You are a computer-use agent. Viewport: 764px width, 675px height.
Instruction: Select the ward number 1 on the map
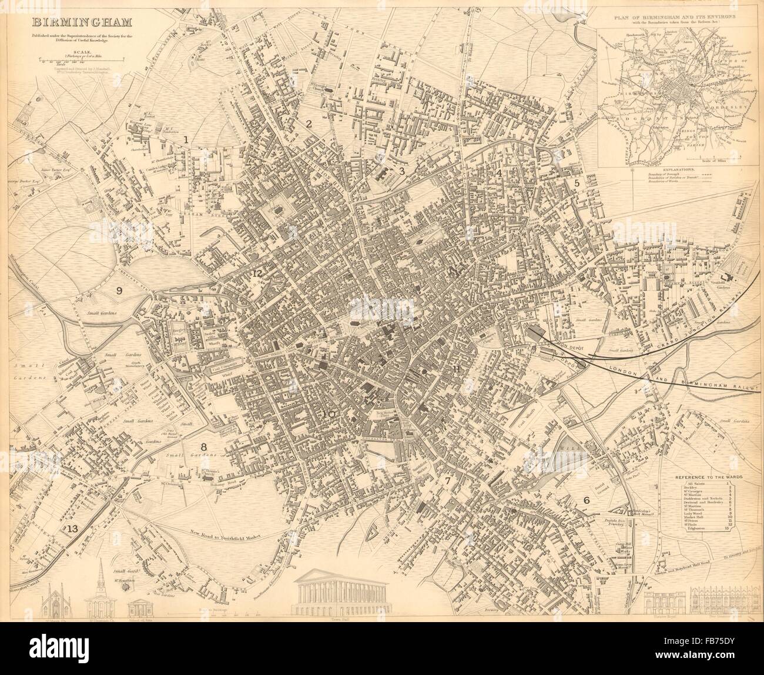point(186,140)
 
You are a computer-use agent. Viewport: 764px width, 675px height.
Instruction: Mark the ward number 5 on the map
point(577,183)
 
